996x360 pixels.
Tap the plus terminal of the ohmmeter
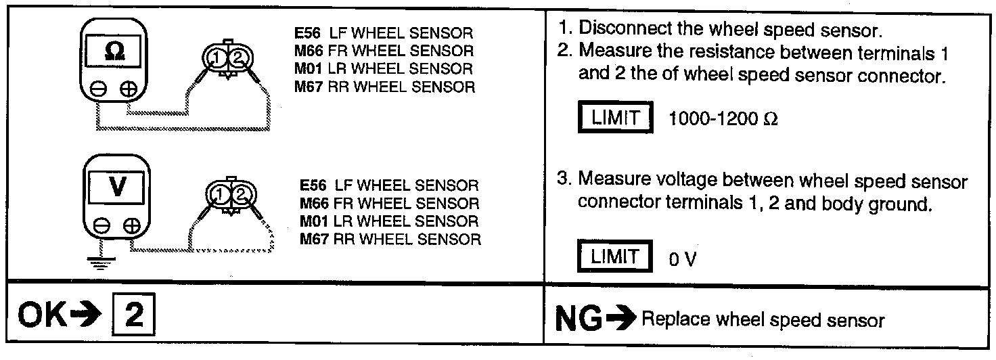129,90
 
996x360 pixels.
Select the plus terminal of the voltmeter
133,225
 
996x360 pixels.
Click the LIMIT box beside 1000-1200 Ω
614,118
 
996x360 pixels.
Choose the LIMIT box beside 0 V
614,256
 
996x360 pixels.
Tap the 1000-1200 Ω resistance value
723,119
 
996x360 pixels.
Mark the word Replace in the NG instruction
670,320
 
